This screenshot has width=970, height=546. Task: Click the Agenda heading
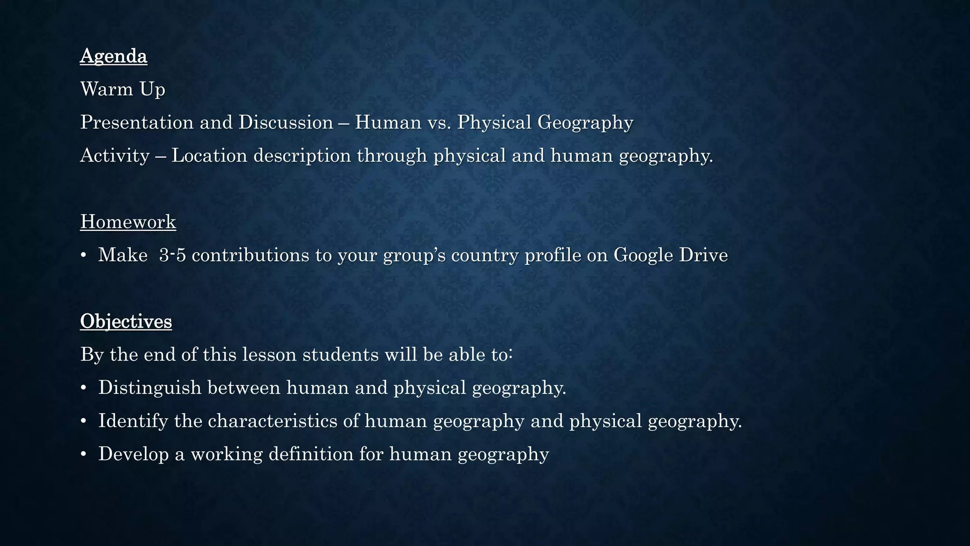[114, 56]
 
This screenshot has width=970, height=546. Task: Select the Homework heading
[128, 222]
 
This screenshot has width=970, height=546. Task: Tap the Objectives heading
[126, 321]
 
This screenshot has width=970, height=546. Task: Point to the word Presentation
[137, 122]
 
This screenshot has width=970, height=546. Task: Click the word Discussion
[286, 122]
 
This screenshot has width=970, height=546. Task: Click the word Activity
[115, 155]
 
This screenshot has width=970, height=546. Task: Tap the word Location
[209, 155]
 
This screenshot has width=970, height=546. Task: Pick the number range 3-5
[172, 255]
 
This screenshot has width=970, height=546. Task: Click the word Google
[643, 255]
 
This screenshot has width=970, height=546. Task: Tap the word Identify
[133, 421]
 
